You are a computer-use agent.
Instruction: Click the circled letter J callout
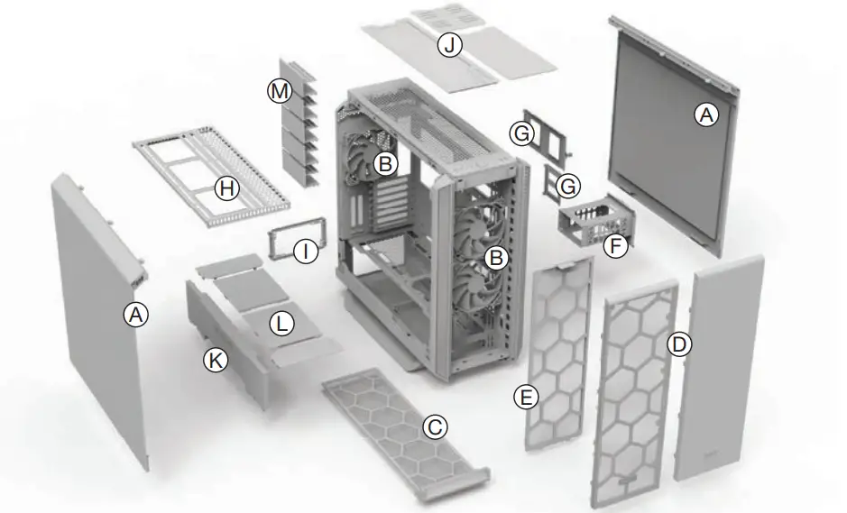[x=449, y=44]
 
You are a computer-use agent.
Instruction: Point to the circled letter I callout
[x=307, y=252]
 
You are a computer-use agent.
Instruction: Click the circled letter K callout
[x=216, y=360]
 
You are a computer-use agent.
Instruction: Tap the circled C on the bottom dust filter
[x=435, y=426]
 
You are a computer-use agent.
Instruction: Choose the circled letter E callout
[x=525, y=395]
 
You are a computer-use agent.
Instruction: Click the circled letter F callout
[x=615, y=246]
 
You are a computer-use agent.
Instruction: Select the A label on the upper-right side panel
[x=705, y=115]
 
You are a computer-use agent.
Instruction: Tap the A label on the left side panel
[x=135, y=314]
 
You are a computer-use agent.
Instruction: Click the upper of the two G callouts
[x=521, y=133]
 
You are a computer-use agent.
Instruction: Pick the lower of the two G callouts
[x=567, y=187]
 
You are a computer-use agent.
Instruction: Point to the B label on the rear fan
[x=385, y=164]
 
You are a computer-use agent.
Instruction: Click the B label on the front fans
[x=494, y=257]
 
